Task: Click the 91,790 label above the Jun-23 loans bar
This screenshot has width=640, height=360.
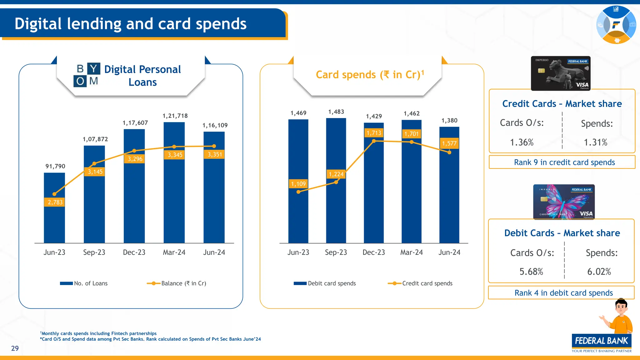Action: (x=55, y=166)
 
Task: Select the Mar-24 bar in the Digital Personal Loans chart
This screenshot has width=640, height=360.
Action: (x=174, y=194)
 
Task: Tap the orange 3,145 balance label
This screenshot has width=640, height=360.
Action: (x=95, y=172)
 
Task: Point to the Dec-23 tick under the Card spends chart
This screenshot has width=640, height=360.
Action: (x=374, y=252)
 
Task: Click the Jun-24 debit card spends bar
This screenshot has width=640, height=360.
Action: (x=449, y=200)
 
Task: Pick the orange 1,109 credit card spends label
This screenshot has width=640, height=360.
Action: (x=298, y=184)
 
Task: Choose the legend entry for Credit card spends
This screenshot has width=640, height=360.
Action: (x=420, y=283)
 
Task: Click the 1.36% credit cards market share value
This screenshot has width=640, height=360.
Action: (x=522, y=142)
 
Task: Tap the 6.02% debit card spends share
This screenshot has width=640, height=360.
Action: (x=599, y=272)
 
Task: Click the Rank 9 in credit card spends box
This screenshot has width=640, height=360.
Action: (x=562, y=162)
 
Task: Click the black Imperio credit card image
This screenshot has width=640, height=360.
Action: (x=561, y=73)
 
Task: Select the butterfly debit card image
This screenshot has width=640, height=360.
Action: (x=564, y=202)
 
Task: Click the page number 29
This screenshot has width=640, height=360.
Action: (x=15, y=348)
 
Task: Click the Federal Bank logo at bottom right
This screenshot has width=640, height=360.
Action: (x=602, y=342)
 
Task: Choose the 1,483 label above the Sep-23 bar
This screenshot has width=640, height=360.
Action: (x=336, y=112)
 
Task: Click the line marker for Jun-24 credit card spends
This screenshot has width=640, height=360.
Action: (x=449, y=152)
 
